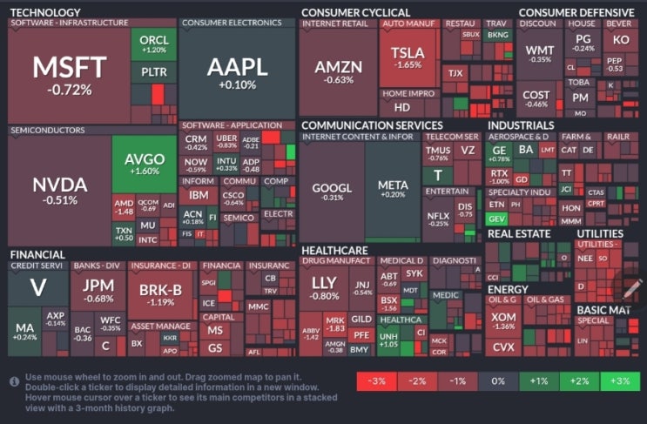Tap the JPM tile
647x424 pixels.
click(x=98, y=290)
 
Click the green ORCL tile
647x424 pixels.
click(x=154, y=44)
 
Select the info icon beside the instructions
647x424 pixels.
click(x=14, y=380)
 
